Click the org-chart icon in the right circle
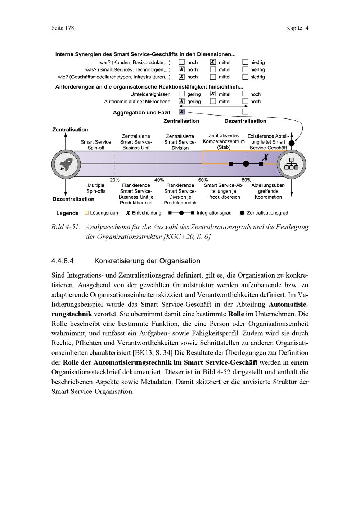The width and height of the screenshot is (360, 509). [292, 164]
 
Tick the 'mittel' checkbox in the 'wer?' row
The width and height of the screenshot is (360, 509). [213, 62]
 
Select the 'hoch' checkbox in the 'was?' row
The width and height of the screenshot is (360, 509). [182, 69]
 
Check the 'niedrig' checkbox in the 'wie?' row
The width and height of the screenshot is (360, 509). [245, 77]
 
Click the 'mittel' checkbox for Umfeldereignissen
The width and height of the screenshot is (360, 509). [213, 94]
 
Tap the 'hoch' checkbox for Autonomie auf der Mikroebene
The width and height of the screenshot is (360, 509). [245, 101]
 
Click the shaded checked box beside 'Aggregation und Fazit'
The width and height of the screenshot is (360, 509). [182, 112]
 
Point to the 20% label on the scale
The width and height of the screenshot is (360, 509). [114, 180]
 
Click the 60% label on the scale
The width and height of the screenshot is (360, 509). [203, 180]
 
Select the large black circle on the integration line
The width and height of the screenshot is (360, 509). [246, 164]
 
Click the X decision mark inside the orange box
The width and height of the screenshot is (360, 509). [265, 157]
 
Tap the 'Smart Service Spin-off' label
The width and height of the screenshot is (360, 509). [96, 145]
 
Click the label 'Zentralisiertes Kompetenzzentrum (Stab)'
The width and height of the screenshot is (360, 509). [224, 141]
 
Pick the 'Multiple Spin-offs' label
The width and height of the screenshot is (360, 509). [96, 188]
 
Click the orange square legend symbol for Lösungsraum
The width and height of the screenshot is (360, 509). [86, 213]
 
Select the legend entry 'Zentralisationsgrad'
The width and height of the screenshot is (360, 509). [267, 213]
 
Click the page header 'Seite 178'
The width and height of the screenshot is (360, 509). [63, 28]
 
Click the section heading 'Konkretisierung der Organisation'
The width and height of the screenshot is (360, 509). [147, 261]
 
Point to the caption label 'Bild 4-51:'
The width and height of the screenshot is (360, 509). [66, 227]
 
